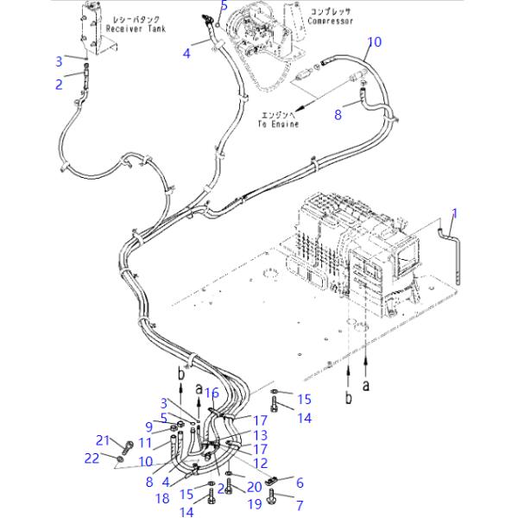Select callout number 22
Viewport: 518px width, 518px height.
pyautogui.click(x=92, y=458)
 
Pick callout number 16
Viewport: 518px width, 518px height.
pyautogui.click(x=212, y=393)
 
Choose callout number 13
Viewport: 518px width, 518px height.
pyautogui.click(x=261, y=435)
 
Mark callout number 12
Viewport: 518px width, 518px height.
pyautogui.click(x=261, y=464)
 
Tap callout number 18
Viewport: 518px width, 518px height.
pyautogui.click(x=162, y=498)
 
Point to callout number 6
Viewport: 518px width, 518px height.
pyautogui.click(x=300, y=483)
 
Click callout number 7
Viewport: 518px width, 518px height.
pyautogui.click(x=300, y=503)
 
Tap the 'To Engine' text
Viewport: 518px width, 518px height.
pyautogui.click(x=277, y=125)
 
